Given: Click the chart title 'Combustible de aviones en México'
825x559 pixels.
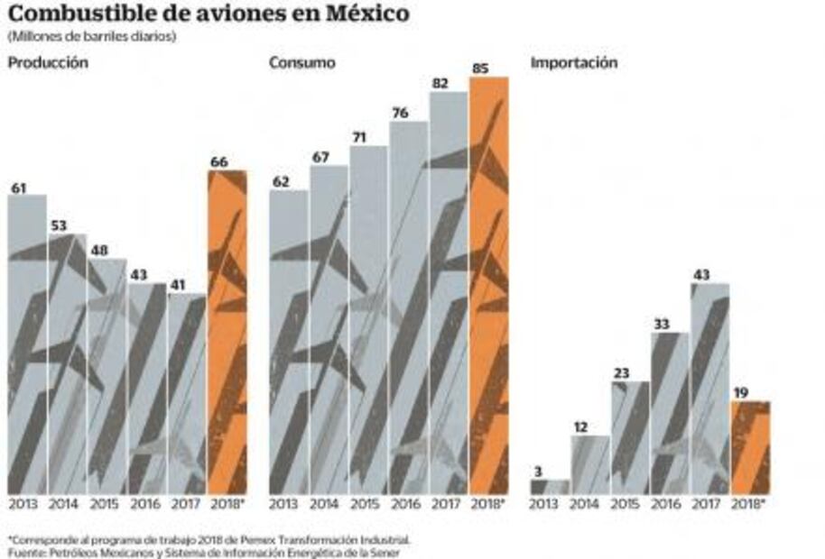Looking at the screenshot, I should [x=209, y=14].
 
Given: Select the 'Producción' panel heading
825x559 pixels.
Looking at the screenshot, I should [x=48, y=63].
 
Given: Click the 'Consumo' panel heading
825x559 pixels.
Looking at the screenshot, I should [x=301, y=63].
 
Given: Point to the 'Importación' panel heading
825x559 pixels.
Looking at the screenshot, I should [x=574, y=63].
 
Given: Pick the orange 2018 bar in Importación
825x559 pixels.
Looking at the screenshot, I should [x=749, y=447].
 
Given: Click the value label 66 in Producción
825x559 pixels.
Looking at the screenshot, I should [x=219, y=161].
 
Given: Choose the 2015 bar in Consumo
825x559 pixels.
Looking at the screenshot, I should [x=367, y=319].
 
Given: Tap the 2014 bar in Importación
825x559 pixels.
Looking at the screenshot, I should [x=589, y=464].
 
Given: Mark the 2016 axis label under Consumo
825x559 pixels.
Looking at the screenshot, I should [x=407, y=503].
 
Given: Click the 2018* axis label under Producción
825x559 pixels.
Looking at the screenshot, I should [x=227, y=503].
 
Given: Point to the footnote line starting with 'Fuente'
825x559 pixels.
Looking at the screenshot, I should [x=203, y=552].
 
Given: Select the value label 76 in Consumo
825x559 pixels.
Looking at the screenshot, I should [x=400, y=112].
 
